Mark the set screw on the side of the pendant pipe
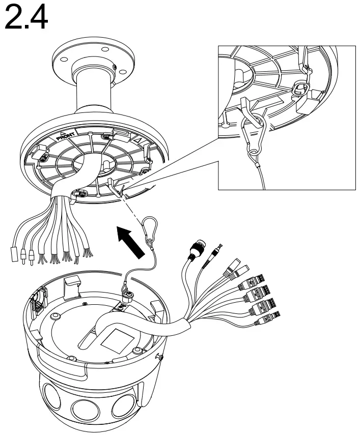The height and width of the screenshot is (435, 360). click(x=116, y=68)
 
